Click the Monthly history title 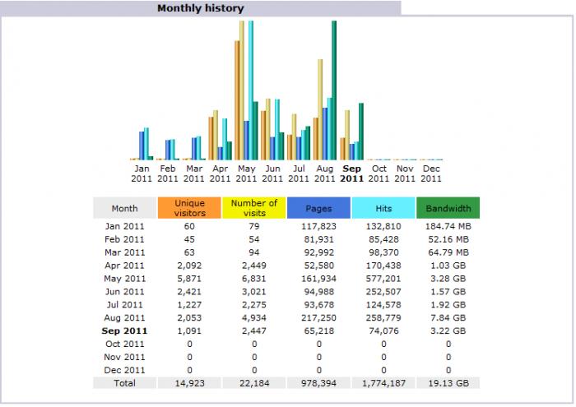[201, 8]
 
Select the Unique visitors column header [189, 209]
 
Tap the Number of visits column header [253, 209]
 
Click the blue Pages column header [318, 209]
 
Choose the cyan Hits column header [383, 209]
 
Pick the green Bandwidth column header [448, 209]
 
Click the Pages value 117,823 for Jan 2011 [318, 226]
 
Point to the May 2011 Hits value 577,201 [383, 279]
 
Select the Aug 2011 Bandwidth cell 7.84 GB [448, 317]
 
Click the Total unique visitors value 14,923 [189, 382]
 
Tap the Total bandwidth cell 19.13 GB [448, 382]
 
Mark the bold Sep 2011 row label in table [125, 331]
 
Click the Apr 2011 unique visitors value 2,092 [189, 266]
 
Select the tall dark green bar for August [334, 90]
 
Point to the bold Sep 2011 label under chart [351, 173]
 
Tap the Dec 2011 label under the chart [430, 173]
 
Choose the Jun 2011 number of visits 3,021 [253, 292]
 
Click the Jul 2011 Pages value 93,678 [318, 304]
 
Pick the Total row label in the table [125, 382]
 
